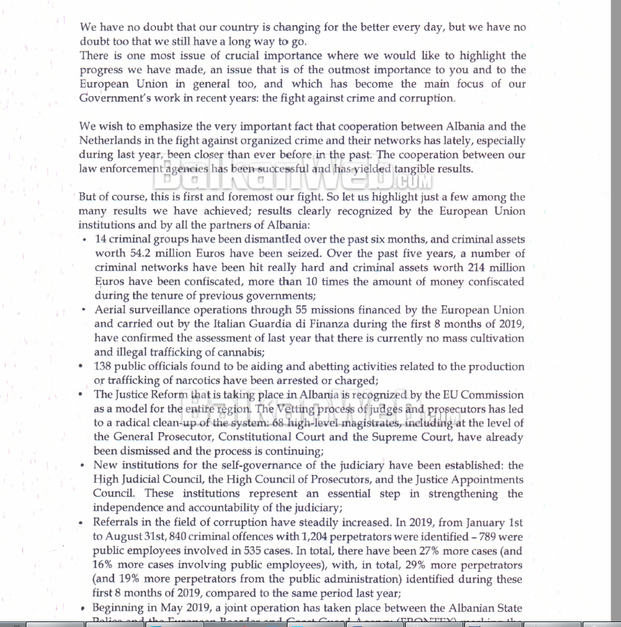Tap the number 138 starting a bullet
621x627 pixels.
coord(104,366)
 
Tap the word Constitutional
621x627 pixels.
coord(260,437)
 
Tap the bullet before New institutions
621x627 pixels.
coord(84,465)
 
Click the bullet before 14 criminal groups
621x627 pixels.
coord(84,240)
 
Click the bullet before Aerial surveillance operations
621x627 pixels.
coord(84,310)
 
